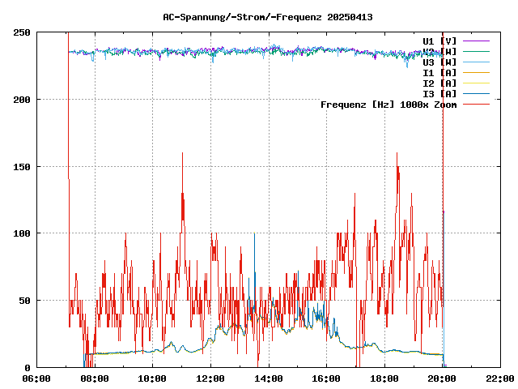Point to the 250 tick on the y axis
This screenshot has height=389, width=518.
[x=22, y=32]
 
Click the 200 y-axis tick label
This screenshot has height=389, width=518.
[x=22, y=100]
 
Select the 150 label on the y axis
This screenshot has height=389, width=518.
[x=22, y=167]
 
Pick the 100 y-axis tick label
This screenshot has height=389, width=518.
[x=22, y=233]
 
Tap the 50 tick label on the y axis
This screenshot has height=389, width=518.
[x=24, y=301]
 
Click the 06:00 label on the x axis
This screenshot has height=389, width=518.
[x=37, y=378]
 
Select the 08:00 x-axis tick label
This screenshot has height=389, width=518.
[x=95, y=378]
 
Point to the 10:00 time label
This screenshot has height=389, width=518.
[x=153, y=378]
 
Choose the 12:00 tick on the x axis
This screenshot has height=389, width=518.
[x=210, y=378]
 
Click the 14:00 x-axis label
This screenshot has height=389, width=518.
[x=269, y=378]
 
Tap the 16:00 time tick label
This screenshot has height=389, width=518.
[x=326, y=378]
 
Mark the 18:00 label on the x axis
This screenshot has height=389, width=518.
[x=384, y=378]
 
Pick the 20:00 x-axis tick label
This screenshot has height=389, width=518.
[x=442, y=378]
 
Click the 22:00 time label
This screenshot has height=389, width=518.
[x=500, y=378]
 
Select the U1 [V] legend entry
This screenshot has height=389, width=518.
[x=439, y=41]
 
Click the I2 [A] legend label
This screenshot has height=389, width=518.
[x=439, y=83]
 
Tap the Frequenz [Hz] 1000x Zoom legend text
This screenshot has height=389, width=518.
[x=388, y=105]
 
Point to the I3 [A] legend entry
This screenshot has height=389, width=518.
[x=439, y=94]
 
